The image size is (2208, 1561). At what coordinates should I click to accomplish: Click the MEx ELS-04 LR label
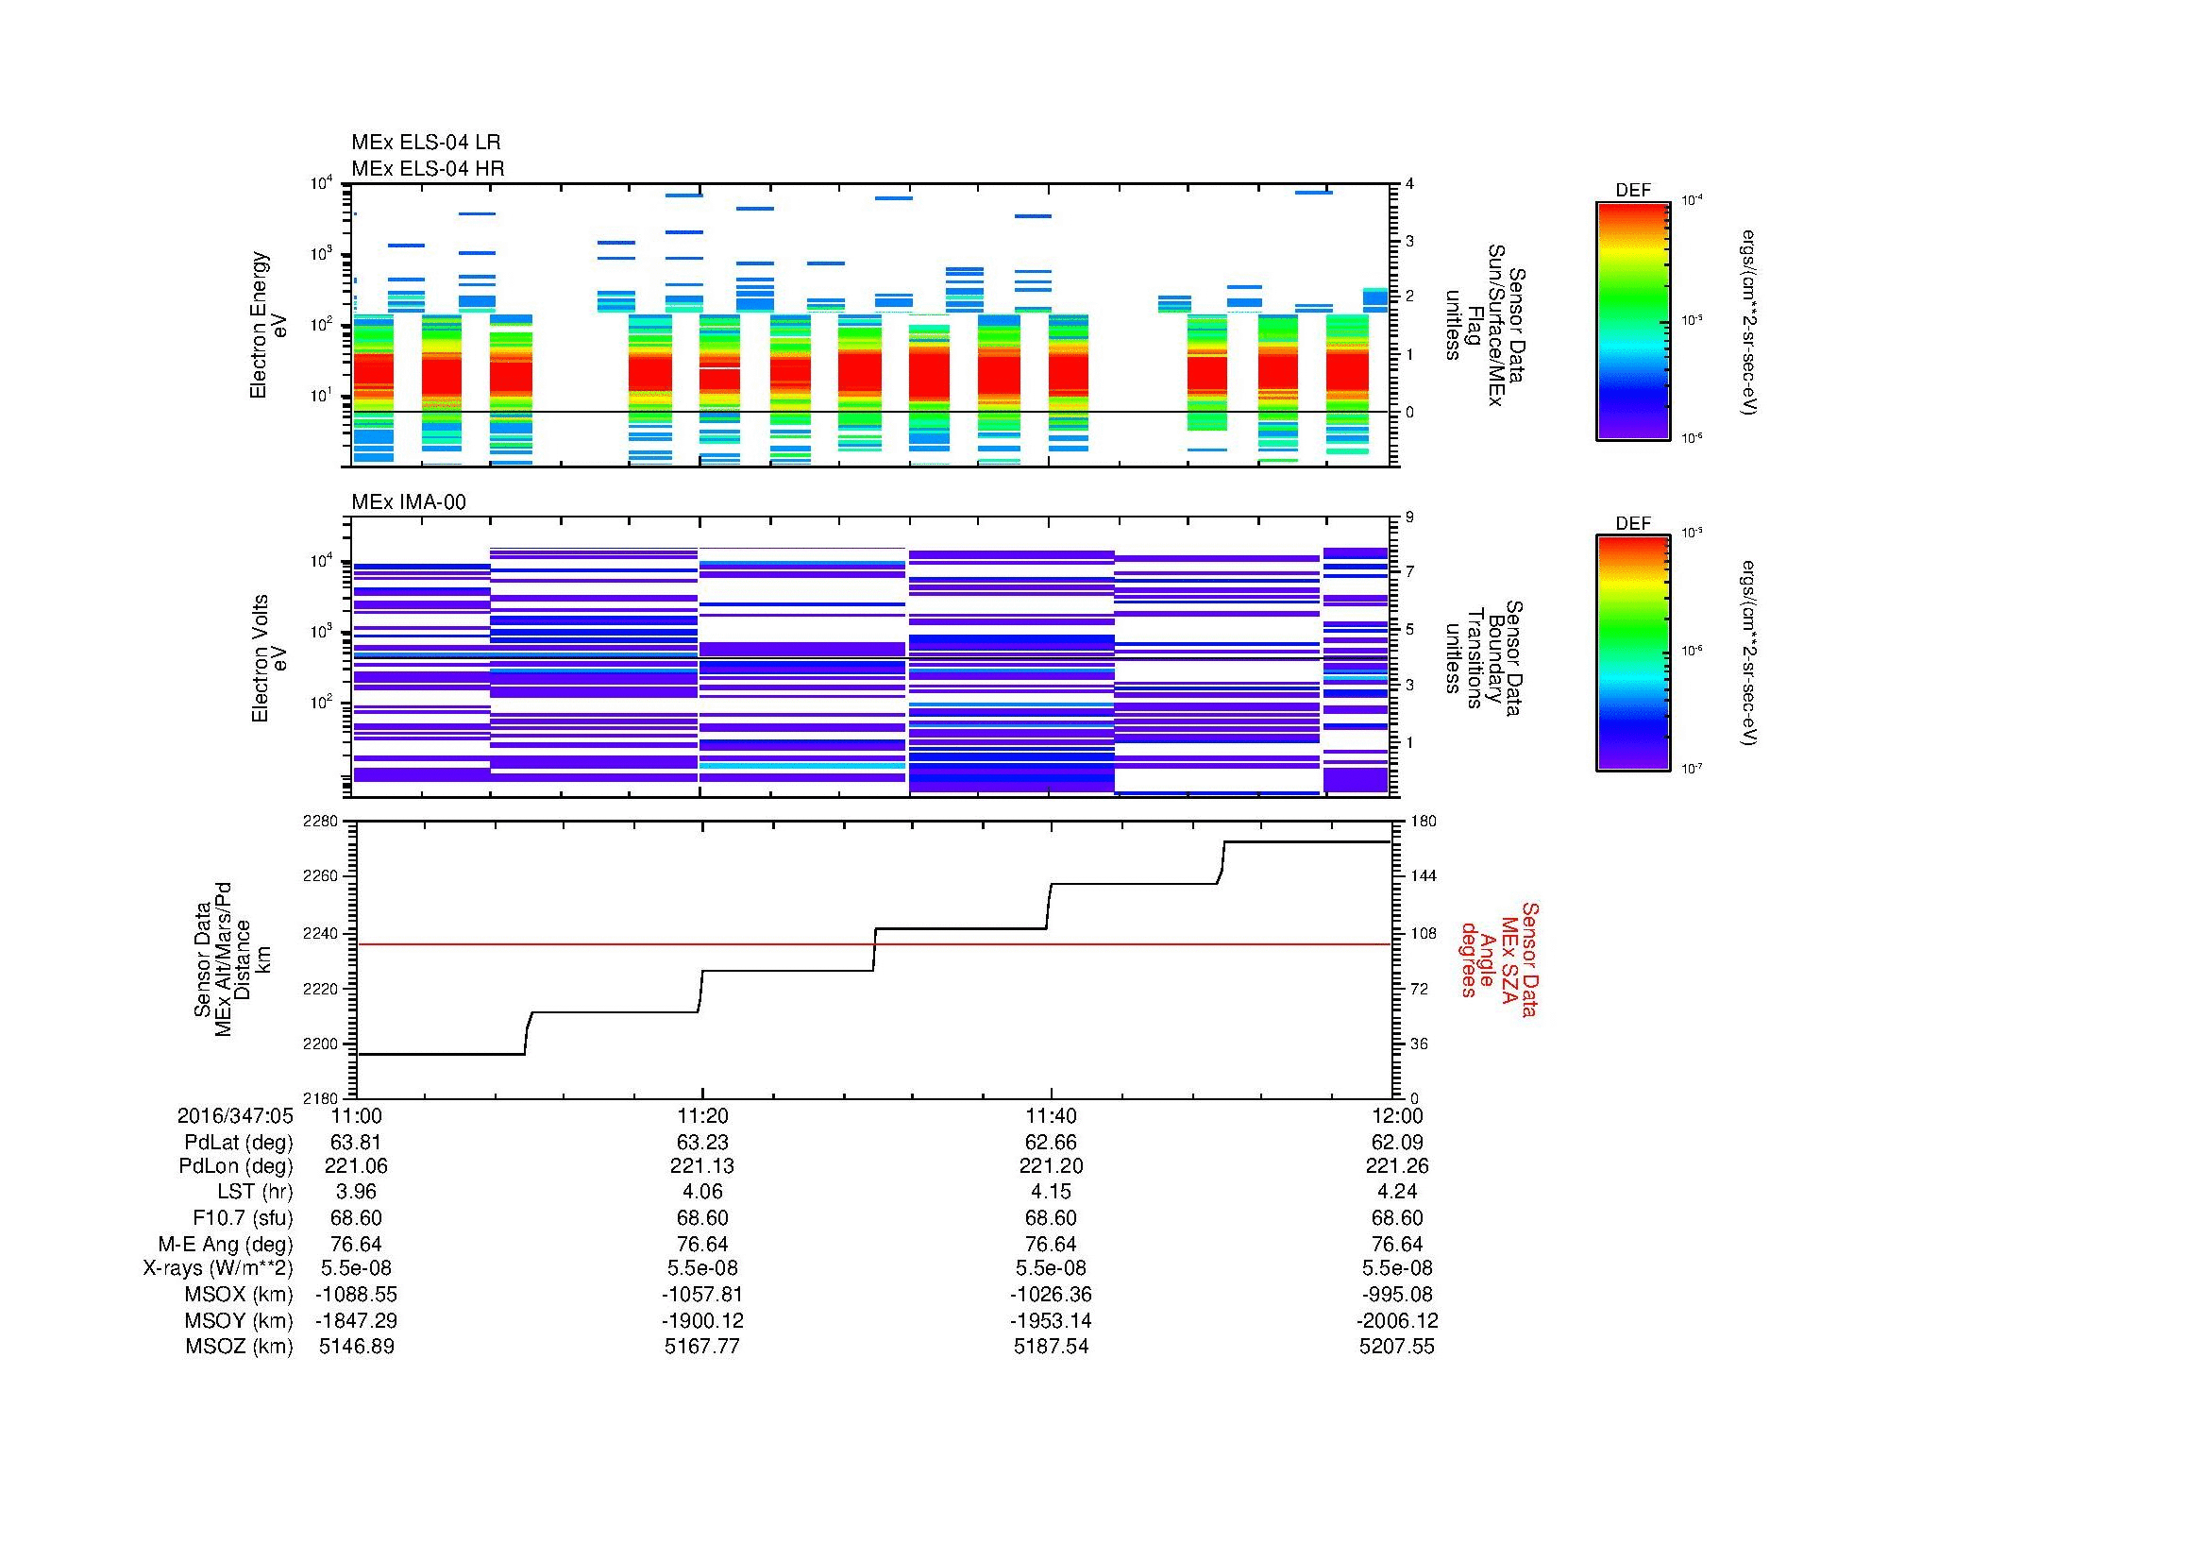pyautogui.click(x=426, y=143)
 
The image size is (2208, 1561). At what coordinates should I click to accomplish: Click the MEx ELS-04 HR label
pyautogui.click(x=428, y=168)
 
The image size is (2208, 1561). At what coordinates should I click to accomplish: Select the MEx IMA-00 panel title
pyautogui.click(x=409, y=502)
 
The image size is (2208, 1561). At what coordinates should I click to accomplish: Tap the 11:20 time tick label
pyautogui.click(x=703, y=1115)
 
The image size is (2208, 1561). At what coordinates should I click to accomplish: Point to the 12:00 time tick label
pyautogui.click(x=1397, y=1115)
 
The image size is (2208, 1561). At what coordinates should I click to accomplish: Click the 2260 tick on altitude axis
pyautogui.click(x=319, y=877)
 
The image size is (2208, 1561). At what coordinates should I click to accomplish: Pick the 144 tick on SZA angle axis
pyautogui.click(x=1423, y=877)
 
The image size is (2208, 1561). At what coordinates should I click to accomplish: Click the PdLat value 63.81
pyautogui.click(x=356, y=1143)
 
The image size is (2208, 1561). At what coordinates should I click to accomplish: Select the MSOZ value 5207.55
pyautogui.click(x=1396, y=1347)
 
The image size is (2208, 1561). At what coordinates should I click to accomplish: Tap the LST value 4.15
pyautogui.click(x=1051, y=1193)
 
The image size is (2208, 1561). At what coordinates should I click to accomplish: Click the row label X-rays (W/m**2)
pyautogui.click(x=217, y=1268)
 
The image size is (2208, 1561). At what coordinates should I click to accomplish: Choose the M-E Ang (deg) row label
pyautogui.click(x=225, y=1245)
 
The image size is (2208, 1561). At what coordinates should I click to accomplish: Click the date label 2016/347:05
pyautogui.click(x=235, y=1115)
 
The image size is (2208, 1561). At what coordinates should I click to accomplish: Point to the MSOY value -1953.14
pyautogui.click(x=1050, y=1321)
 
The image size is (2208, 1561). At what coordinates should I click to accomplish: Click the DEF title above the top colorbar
pyautogui.click(x=1633, y=191)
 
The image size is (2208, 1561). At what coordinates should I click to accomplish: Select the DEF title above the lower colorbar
pyautogui.click(x=1633, y=524)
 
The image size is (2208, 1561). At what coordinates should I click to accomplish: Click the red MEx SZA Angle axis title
pyautogui.click(x=1499, y=959)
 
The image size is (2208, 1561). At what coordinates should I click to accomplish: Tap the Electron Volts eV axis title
pyautogui.click(x=270, y=658)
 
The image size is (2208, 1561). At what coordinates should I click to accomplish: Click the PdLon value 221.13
pyautogui.click(x=703, y=1166)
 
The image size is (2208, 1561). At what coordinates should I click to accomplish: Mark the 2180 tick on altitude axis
pyautogui.click(x=319, y=1098)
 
